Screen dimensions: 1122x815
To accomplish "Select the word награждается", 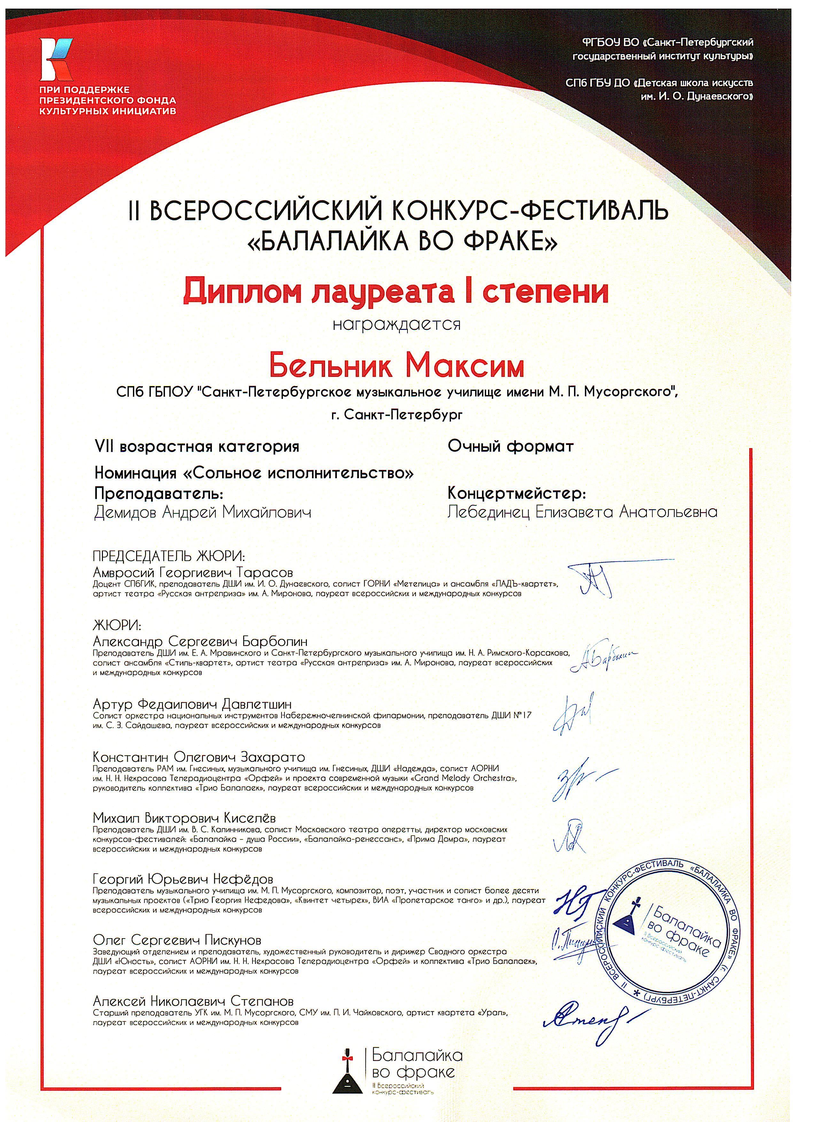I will point(397,324).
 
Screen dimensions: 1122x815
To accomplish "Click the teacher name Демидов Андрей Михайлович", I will point(203,512).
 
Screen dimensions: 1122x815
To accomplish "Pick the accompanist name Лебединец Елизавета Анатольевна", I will point(582,512).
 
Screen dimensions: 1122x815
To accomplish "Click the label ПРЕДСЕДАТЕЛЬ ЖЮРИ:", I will point(169,556).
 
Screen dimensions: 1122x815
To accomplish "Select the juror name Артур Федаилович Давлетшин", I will point(192,704).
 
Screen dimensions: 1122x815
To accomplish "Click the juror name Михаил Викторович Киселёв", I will point(184,818).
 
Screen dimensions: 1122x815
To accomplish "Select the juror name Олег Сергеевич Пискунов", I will point(177,940).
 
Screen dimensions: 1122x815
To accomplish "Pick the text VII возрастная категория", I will point(197,447).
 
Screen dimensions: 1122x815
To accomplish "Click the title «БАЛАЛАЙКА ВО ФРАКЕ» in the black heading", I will point(398,241).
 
